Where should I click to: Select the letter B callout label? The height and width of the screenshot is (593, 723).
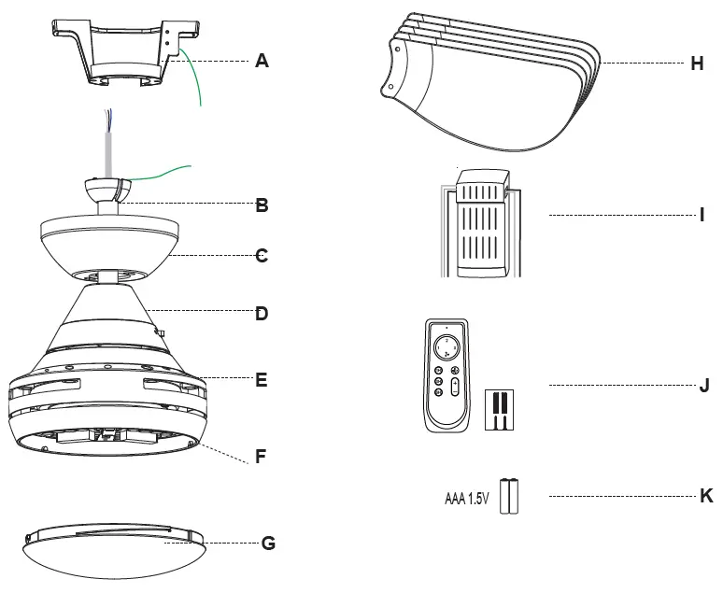(262, 205)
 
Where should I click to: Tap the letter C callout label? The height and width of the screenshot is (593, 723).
(262, 255)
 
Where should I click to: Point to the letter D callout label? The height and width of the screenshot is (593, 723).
(262, 314)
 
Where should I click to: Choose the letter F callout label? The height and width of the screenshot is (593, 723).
(262, 458)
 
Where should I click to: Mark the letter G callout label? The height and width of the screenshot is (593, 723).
(268, 543)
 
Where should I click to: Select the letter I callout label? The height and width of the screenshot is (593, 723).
(701, 215)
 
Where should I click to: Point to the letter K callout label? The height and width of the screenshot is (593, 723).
(706, 495)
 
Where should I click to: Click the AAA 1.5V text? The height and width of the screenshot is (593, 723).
(466, 495)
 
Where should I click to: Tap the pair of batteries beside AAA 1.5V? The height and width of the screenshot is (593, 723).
(510, 495)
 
